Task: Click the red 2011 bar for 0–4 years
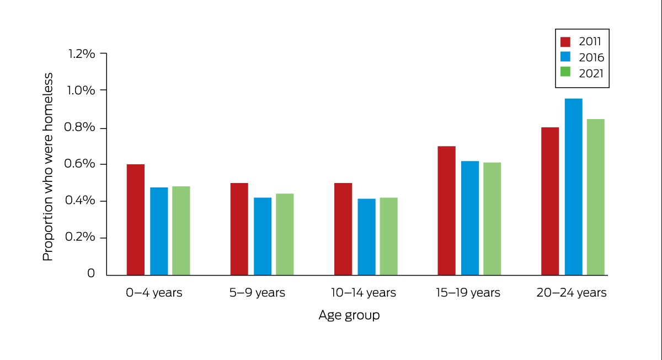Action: pos(136,220)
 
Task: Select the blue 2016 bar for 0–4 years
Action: pos(159,231)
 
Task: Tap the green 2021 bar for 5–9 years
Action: pos(285,234)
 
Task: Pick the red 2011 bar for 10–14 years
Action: pos(343,229)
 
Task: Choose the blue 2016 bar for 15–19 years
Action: pos(470,218)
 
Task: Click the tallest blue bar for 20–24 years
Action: pos(574,187)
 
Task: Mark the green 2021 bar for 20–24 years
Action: pos(596,197)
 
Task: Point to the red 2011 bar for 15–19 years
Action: pos(446,211)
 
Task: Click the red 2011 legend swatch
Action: pos(565,42)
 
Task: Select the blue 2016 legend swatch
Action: pos(565,57)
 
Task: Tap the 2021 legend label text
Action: pos(591,73)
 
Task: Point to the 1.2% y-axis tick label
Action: pos(82,54)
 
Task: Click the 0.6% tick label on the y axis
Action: pos(79,164)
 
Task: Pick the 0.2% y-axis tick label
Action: pos(80,237)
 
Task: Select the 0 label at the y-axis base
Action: pos(91,273)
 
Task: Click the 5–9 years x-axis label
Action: pos(257,293)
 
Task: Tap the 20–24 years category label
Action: pos(572,293)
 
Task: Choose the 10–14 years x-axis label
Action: pos(363,293)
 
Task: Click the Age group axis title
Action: pos(349,315)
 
